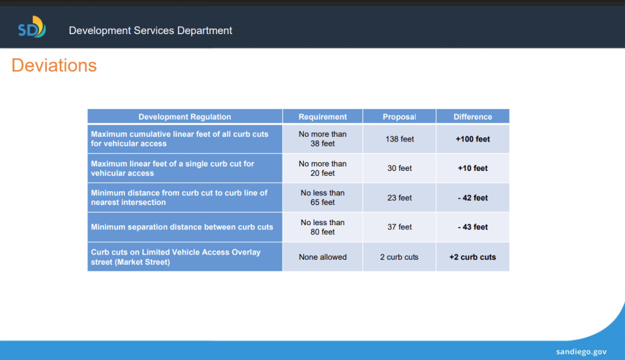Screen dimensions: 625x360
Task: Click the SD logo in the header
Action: tap(32, 27)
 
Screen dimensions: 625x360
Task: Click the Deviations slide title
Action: tap(54, 65)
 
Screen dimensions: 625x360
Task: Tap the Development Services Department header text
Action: tap(150, 31)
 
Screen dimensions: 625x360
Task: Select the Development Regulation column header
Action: tap(184, 117)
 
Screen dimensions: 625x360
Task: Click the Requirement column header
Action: tap(322, 117)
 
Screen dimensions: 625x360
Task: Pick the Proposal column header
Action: tap(399, 117)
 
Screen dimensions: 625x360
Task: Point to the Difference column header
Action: tap(473, 117)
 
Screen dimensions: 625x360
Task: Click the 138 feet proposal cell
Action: tap(399, 139)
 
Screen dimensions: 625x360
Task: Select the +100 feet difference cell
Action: tap(473, 139)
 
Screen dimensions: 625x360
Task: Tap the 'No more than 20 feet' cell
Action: tap(322, 168)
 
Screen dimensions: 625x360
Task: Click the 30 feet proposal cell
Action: tap(399, 168)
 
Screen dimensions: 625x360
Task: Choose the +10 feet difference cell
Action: tap(473, 168)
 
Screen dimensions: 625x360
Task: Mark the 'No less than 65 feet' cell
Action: tap(322, 198)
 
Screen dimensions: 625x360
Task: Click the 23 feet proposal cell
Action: tap(399, 198)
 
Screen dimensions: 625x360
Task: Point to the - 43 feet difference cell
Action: tap(473, 227)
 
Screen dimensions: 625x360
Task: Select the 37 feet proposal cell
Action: tap(399, 227)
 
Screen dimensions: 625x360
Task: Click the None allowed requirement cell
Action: tap(322, 257)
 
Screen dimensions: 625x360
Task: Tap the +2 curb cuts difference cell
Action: tap(473, 257)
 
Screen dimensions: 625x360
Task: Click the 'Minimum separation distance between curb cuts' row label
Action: tap(182, 227)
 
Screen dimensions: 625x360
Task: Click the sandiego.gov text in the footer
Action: tap(581, 351)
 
